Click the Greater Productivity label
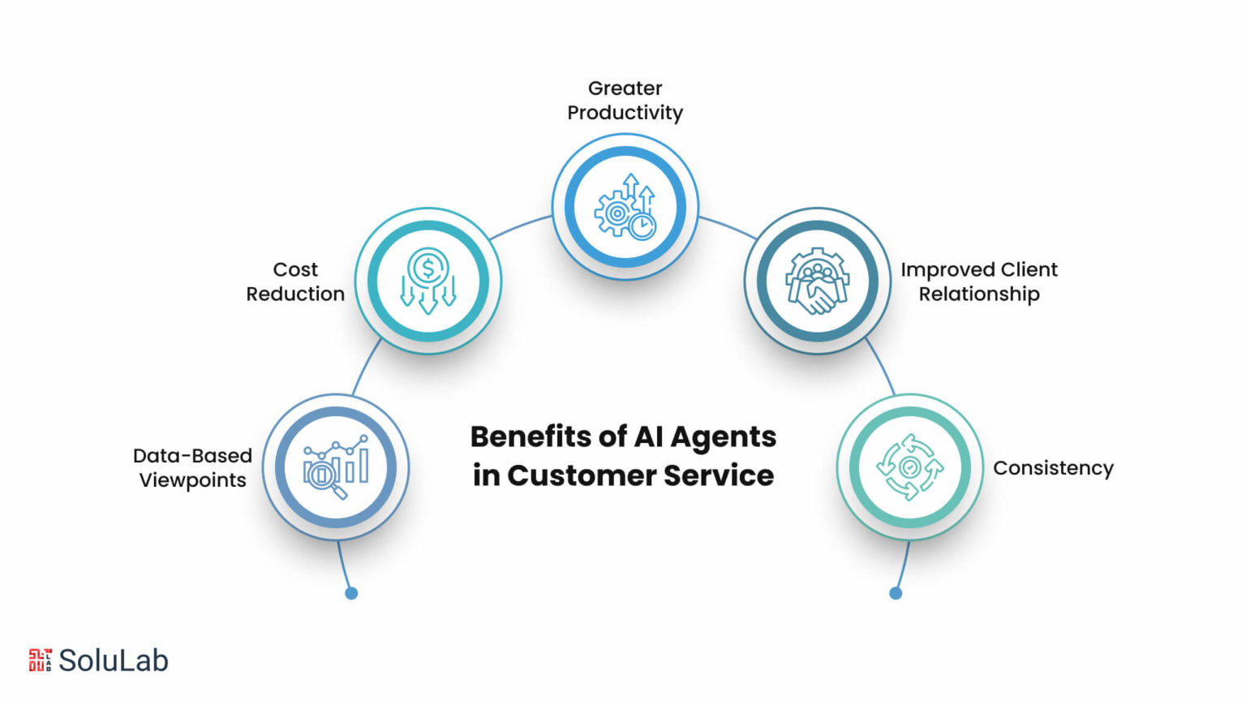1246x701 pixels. pyautogui.click(x=625, y=100)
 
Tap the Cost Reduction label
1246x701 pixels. pyautogui.click(x=295, y=282)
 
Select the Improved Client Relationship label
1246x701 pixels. pyautogui.click(x=979, y=282)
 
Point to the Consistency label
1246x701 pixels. pyautogui.click(x=1054, y=468)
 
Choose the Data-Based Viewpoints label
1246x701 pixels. pyautogui.click(x=192, y=468)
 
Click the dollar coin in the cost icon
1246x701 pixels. pyautogui.click(x=428, y=269)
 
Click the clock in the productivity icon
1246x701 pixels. pyautogui.click(x=642, y=226)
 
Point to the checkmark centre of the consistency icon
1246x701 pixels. pyautogui.click(x=909, y=467)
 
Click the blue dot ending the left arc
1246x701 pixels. pyautogui.click(x=351, y=593)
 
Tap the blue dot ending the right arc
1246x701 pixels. pyautogui.click(x=896, y=593)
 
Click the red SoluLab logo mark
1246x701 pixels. pyautogui.click(x=41, y=660)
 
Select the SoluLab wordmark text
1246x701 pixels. pyautogui.click(x=114, y=660)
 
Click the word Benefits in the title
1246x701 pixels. pyautogui.click(x=531, y=437)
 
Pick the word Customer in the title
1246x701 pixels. pyautogui.click(x=582, y=475)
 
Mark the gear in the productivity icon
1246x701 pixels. pyautogui.click(x=615, y=213)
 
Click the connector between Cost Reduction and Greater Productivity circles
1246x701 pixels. pyautogui.click(x=521, y=226)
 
